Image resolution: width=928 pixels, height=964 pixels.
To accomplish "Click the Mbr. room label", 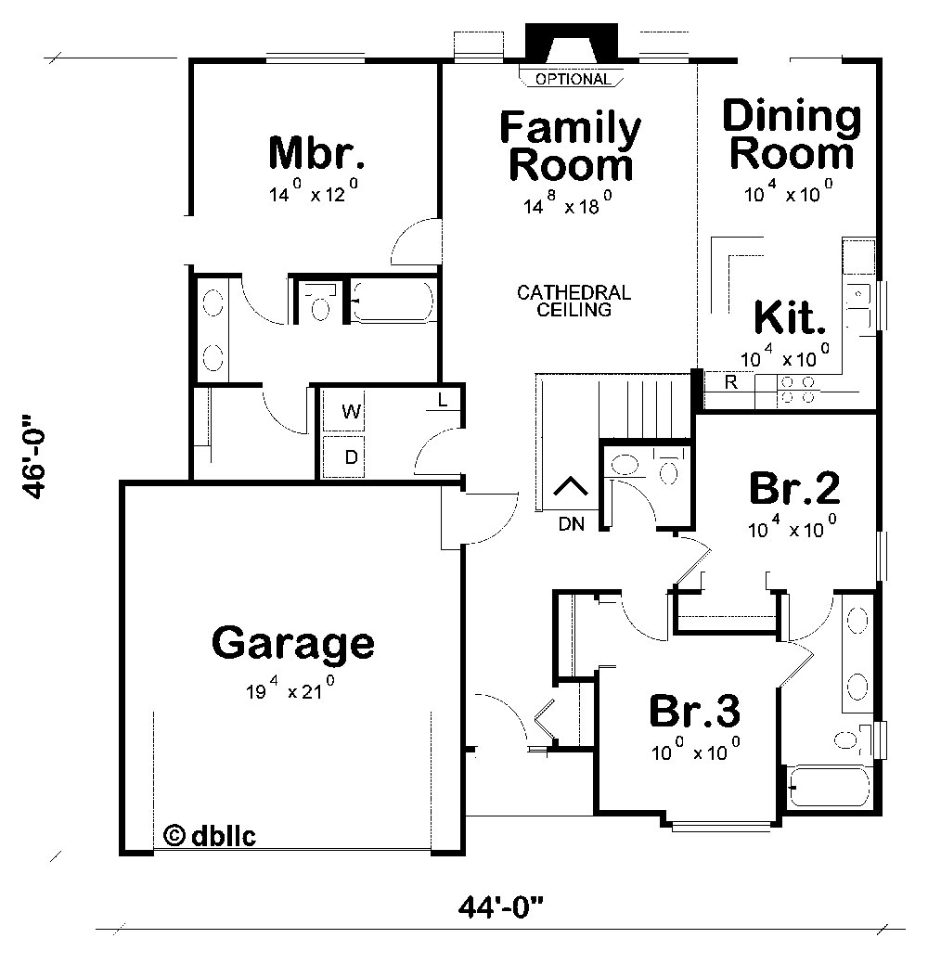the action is pos(316,153).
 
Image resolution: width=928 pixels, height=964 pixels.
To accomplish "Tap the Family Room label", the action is pos(570,146).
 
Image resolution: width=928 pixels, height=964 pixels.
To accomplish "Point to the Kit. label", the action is pos(790,317).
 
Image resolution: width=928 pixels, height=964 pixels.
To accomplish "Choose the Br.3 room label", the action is pos(695,711).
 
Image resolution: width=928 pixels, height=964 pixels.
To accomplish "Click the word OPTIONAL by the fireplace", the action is pos(573,79).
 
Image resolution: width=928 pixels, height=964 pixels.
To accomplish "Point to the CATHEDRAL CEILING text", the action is pos(574,301).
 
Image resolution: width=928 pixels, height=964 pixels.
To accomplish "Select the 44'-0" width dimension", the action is pos(500,907).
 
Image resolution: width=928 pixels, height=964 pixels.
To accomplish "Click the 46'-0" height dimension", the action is pos(33,457).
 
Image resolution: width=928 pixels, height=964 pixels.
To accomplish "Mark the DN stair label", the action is pos(572,524).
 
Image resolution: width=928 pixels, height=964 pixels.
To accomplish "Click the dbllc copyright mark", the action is pos(210,836).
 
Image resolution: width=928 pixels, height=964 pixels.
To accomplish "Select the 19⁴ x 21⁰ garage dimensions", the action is pos(290,688).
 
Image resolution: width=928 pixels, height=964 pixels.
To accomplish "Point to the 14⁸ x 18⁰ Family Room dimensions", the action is pos(567,203).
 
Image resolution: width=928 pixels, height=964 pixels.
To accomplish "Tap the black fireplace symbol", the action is pos(572,43).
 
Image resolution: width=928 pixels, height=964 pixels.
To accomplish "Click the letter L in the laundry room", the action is pos(443,400).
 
